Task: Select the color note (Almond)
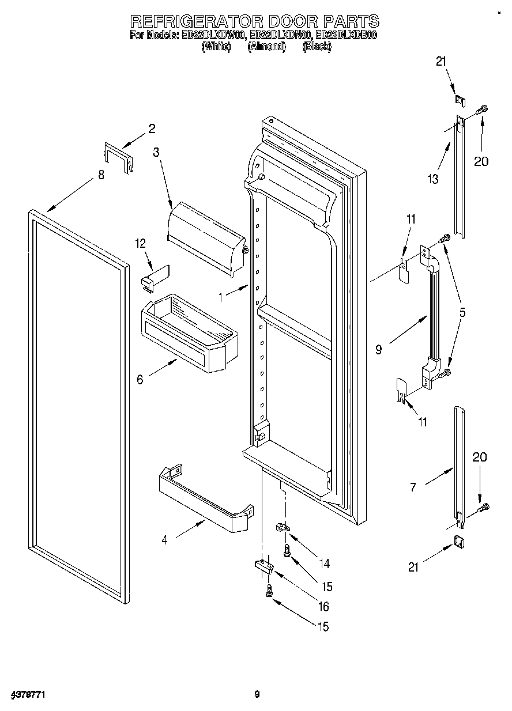pos(266,47)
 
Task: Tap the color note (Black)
pos(317,47)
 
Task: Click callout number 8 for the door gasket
pos(101,176)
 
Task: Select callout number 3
pos(156,152)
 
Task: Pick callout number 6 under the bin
pos(140,380)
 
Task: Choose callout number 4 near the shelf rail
pos(165,540)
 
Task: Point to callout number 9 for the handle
pos(378,349)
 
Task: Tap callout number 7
pos(413,487)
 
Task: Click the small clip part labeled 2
pos(118,156)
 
